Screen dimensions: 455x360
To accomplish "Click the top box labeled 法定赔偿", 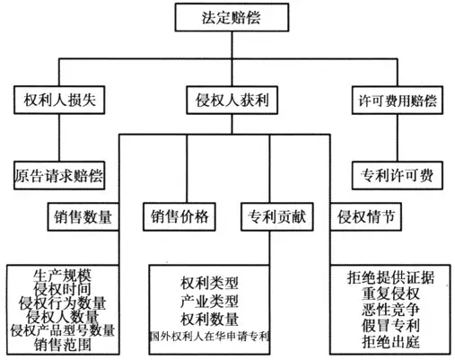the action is point(232,17).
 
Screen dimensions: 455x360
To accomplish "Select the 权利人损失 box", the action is point(59,100).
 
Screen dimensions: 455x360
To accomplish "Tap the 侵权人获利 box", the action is point(232,100).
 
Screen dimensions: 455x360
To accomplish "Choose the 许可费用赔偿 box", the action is point(398,100).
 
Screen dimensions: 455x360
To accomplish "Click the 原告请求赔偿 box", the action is point(59,175).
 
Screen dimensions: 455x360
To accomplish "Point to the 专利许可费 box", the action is point(398,175).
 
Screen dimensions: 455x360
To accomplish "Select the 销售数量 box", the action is point(83,216).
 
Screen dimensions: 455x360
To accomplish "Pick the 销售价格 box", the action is point(179,216).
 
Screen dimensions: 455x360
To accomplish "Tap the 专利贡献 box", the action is point(277,216).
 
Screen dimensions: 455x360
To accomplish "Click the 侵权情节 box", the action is point(366,216).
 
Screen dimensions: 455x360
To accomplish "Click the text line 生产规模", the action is point(62,276).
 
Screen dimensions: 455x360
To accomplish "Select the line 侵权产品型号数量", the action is point(63,330).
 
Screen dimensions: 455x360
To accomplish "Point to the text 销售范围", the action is point(63,345).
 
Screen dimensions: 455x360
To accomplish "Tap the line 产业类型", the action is point(209,301).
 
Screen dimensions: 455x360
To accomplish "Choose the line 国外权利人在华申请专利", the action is point(209,337).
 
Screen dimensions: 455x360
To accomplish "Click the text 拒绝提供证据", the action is point(390,277).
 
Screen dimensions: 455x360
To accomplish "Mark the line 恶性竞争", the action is point(390,310).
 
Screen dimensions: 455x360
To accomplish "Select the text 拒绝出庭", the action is point(390,342).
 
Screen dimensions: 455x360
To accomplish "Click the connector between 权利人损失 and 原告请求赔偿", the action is point(59,137).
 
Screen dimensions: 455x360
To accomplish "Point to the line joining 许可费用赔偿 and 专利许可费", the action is point(398,137).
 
